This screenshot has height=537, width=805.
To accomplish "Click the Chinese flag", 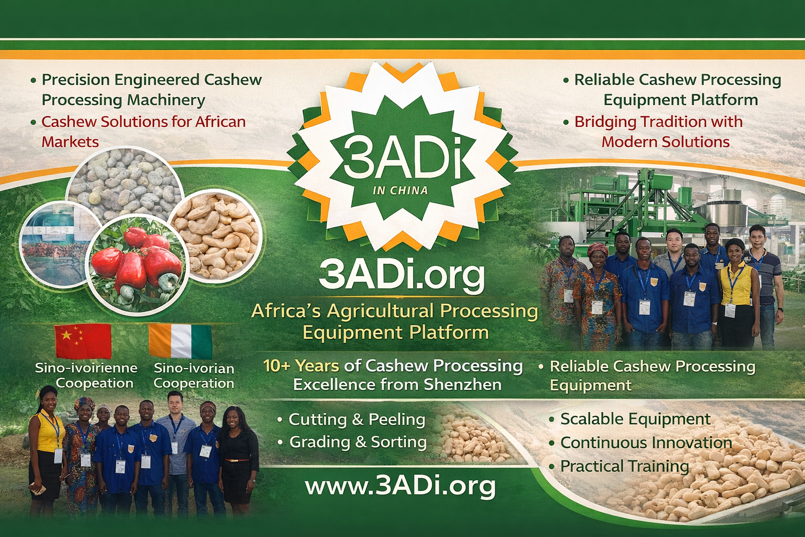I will [x=83, y=341].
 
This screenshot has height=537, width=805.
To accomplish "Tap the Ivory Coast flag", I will [x=180, y=341].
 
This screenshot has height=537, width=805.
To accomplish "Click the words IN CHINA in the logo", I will [x=400, y=190].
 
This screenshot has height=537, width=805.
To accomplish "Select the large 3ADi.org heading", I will [x=401, y=275].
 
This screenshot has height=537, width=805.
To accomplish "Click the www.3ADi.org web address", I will [x=400, y=486].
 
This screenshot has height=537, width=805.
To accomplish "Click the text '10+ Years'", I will [x=301, y=366].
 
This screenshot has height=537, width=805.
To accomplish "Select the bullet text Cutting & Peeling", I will [x=356, y=420].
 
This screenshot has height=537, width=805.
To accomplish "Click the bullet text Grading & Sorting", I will [x=358, y=442].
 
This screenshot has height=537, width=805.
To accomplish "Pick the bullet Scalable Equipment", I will [x=635, y=419].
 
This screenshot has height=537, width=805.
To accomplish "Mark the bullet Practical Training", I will [x=624, y=466].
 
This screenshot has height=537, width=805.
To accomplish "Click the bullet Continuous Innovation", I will [x=646, y=443].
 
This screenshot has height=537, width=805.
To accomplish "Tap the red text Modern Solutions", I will [x=665, y=142].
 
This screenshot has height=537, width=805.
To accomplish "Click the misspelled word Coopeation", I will [x=94, y=383].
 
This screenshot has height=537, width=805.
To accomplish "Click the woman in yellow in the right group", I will [x=738, y=288].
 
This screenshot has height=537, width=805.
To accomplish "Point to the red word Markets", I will [x=70, y=142].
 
